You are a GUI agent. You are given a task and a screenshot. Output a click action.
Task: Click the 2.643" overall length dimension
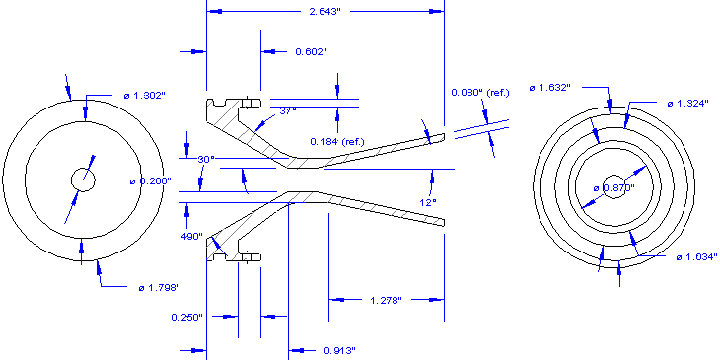324,11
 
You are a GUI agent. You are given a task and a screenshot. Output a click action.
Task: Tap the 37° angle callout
287,111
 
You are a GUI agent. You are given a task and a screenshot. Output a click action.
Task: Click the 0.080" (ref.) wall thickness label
479,92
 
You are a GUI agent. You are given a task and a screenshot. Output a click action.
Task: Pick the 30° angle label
205,159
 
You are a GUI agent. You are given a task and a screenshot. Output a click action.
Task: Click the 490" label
190,237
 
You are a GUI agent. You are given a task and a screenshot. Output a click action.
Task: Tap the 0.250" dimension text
185,317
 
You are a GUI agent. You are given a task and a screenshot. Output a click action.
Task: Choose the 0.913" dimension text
338,350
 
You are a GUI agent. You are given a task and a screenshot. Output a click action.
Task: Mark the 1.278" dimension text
386,299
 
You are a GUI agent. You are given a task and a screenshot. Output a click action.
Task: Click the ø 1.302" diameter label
144,95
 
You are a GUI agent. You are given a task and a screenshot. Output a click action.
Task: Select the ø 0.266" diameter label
150,180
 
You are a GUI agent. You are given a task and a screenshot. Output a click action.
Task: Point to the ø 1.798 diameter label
158,287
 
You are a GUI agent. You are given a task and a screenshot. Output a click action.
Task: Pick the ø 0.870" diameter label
612,187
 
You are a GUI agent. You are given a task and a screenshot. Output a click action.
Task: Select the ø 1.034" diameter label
696,257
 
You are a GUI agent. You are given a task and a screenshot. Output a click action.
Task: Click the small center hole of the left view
81,179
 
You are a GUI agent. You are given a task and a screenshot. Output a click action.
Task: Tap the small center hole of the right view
613,188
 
